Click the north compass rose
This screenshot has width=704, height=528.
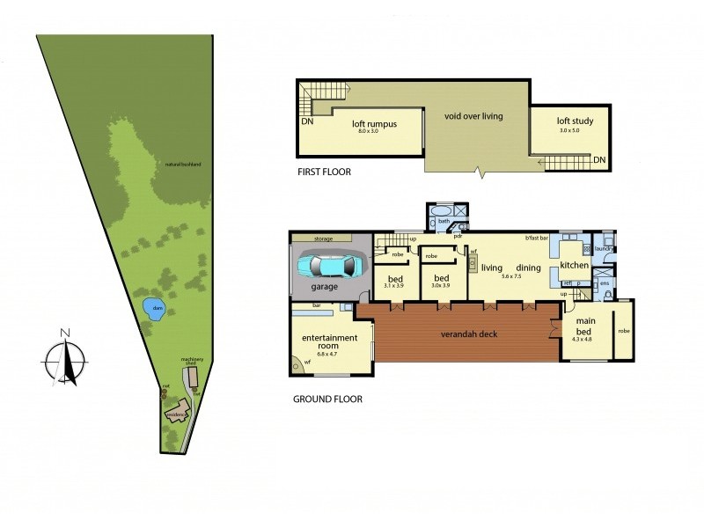coord(64,358)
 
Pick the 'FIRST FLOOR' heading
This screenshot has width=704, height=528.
coord(324,172)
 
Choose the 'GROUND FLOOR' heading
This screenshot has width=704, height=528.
coord(327,399)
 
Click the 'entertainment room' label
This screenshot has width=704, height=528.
coord(330,342)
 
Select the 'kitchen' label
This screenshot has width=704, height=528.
coord(574,265)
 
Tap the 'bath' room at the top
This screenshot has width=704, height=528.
coord(444,222)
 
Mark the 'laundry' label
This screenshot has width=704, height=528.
coord(604,249)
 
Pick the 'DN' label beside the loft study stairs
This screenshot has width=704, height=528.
coord(598,160)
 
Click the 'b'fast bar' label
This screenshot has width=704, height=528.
coord(536,238)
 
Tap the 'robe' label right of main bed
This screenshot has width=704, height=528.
coord(624,331)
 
